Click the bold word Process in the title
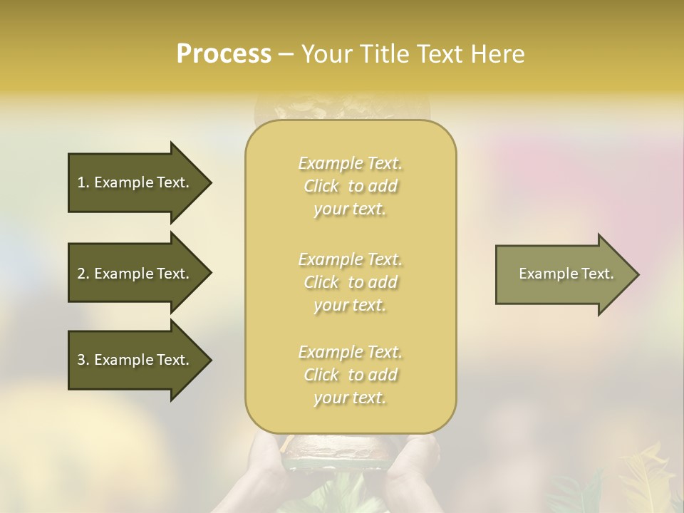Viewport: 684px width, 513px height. tap(224, 54)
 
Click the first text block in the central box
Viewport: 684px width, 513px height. tap(351, 186)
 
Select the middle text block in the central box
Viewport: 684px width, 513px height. tap(351, 282)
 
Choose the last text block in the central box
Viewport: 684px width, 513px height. tap(351, 375)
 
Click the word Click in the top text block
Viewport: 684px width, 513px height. tap(321, 187)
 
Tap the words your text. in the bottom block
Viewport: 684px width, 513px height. tap(350, 398)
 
